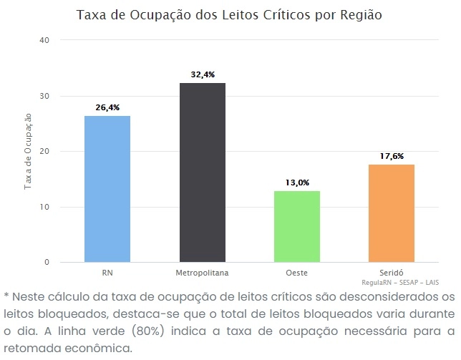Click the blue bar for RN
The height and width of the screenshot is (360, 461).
[107, 189]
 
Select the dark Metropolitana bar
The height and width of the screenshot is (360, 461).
[202, 172]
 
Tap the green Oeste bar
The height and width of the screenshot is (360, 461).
[296, 226]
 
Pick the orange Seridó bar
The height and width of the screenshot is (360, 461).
[392, 213]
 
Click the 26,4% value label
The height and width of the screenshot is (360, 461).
[107, 107]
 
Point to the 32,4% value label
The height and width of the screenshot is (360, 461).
[203, 74]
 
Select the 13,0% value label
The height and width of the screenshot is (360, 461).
[297, 183]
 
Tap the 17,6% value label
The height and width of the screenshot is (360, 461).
[392, 155]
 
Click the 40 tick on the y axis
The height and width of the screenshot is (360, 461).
[44, 40]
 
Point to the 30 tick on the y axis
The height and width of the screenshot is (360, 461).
[44, 96]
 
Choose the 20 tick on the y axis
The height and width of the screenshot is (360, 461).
[44, 152]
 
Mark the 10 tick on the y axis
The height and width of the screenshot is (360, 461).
[44, 208]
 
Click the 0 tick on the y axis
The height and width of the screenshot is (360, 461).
[47, 263]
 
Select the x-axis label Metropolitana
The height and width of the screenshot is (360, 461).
[202, 273]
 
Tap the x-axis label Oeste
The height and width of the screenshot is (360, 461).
[296, 273]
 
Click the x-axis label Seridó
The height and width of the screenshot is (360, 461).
[392, 273]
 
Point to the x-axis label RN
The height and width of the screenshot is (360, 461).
[107, 273]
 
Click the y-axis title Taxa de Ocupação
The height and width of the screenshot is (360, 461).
[29, 152]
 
